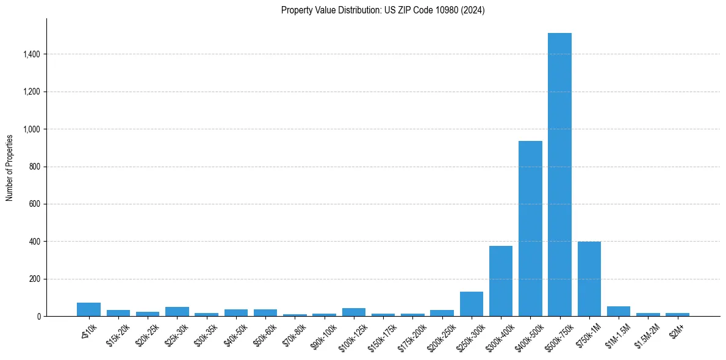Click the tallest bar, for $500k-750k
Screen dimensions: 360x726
pos(559,175)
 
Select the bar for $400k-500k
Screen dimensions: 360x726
pos(530,229)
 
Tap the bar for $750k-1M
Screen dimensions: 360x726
pos(589,279)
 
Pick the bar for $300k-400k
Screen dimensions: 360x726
pos(501,281)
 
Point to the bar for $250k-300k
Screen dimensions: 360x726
pos(471,304)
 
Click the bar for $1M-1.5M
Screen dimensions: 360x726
pos(619,311)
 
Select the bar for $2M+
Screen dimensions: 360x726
pos(677,314)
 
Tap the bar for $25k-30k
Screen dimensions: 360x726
pos(177,312)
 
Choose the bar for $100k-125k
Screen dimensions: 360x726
pos(353,312)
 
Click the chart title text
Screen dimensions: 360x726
pos(383,10)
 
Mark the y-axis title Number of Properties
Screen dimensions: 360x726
pos(10,167)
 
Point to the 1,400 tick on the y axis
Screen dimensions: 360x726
pos(31,54)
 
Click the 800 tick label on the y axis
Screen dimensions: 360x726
pos(35,167)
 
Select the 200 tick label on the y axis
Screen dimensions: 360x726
pos(35,279)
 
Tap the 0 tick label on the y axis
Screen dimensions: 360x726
pos(38,317)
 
